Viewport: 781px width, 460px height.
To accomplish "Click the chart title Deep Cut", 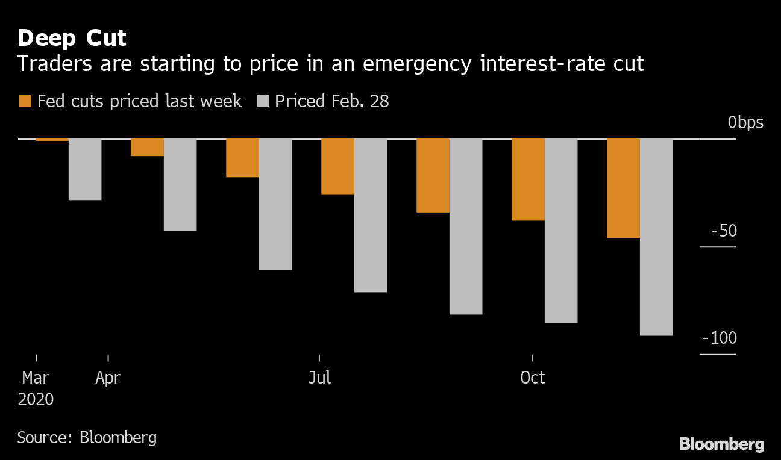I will [72, 38].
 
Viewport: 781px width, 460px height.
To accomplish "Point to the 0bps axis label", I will [745, 123].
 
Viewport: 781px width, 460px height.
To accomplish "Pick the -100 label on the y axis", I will [720, 338].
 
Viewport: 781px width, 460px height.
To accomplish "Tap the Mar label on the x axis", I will [36, 378].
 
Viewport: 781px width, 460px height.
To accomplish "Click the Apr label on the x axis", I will [108, 378].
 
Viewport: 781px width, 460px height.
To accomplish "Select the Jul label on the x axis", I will [319, 378].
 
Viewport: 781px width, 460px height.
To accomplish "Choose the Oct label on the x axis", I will [533, 378].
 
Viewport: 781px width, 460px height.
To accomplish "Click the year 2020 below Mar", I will [36, 399].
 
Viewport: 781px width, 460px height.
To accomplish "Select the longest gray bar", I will [656, 237].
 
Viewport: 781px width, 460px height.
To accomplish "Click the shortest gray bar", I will [85, 170].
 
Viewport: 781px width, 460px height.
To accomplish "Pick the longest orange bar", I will [623, 188].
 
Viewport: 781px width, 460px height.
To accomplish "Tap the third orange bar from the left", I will [242, 158].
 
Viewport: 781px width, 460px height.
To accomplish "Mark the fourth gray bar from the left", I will [371, 216].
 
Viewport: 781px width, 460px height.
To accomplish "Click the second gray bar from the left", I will [180, 185].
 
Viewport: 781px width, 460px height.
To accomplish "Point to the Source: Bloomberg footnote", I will [87, 437].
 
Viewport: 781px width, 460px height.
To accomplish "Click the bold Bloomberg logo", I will [721, 445].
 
